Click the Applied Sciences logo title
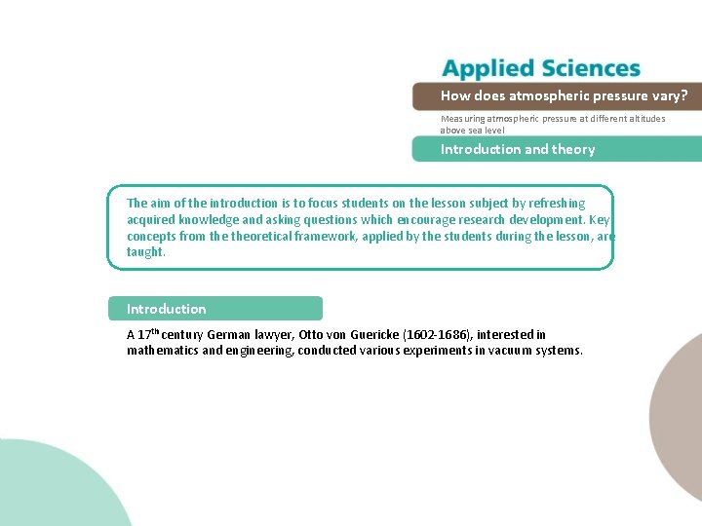pyautogui.click(x=541, y=68)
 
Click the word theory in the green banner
pyautogui.click(x=573, y=149)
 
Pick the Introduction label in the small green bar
pyautogui.click(x=167, y=309)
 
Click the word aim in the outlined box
pyautogui.click(x=160, y=204)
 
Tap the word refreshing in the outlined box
pyautogui.click(x=555, y=204)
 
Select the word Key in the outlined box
pyautogui.click(x=600, y=219)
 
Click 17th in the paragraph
pyautogui.click(x=148, y=334)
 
